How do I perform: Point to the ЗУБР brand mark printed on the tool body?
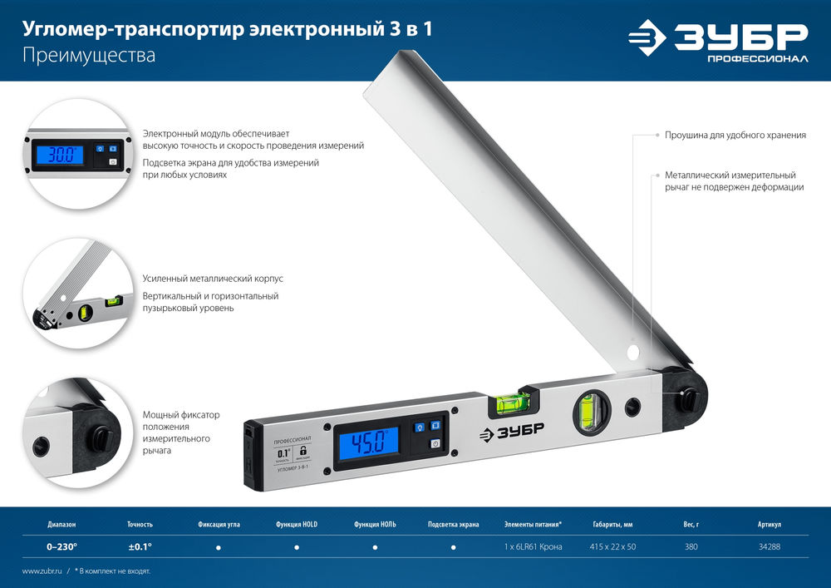pyautogui.click(x=510, y=432)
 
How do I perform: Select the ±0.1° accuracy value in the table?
pyautogui.click(x=140, y=547)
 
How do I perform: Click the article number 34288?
pyautogui.click(x=770, y=547)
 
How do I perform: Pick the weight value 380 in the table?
pyautogui.click(x=691, y=547)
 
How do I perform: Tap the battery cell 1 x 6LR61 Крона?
pyautogui.click(x=533, y=547)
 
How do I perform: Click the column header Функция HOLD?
pyautogui.click(x=297, y=525)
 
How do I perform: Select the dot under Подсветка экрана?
pyautogui.click(x=454, y=548)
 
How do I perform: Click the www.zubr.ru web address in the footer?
pyautogui.click(x=41, y=571)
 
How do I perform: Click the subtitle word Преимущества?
pyautogui.click(x=66, y=57)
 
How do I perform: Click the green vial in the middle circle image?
pyautogui.click(x=85, y=314)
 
